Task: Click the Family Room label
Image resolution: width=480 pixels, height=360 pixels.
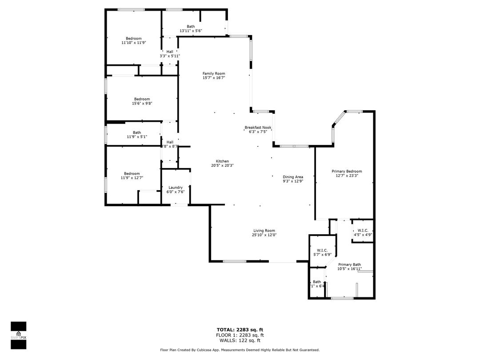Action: [214, 74]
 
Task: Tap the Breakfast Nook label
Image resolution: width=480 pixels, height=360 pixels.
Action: [258, 128]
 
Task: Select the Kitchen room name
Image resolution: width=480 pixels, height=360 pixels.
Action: [222, 161]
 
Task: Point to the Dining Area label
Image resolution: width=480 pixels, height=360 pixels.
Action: [293, 177]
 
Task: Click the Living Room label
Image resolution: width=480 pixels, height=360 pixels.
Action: [264, 231]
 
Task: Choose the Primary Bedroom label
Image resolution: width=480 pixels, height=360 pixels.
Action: [347, 171]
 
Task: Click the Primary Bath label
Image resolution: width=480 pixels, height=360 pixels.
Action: [349, 264]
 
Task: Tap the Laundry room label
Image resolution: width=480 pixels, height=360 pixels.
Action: [175, 188]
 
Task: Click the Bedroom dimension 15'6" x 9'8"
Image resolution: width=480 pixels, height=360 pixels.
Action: [142, 103]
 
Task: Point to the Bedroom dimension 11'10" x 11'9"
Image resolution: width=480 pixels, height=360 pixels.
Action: [133, 43]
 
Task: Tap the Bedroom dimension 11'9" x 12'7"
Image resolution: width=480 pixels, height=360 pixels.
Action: [132, 178]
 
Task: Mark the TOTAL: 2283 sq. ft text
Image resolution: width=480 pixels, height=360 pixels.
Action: [240, 330]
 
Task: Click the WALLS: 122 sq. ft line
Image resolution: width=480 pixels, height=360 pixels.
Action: [240, 340]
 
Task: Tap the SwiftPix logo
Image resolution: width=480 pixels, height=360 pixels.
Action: [18, 333]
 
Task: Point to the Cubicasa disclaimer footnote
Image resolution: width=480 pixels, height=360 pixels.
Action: [240, 350]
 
